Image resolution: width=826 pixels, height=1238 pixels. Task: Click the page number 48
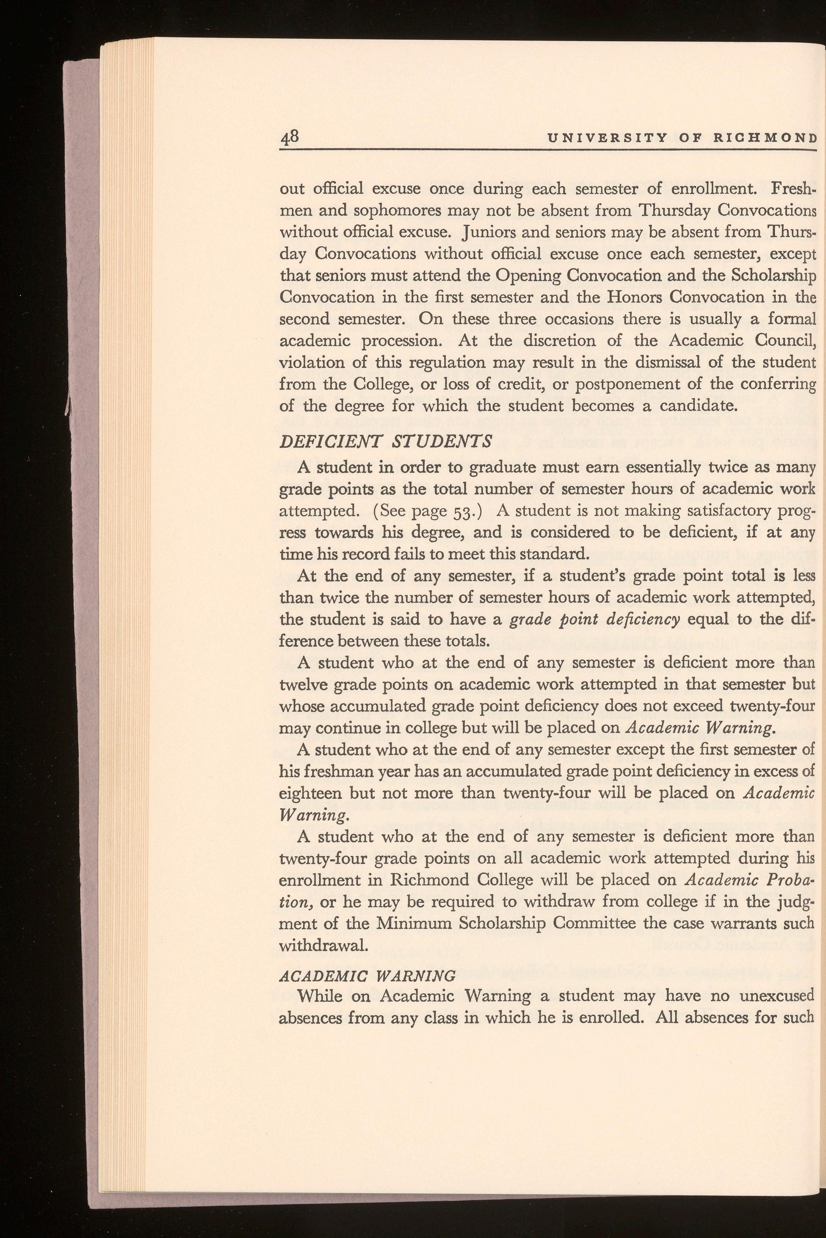289,138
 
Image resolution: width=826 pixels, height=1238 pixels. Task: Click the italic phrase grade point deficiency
595,619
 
